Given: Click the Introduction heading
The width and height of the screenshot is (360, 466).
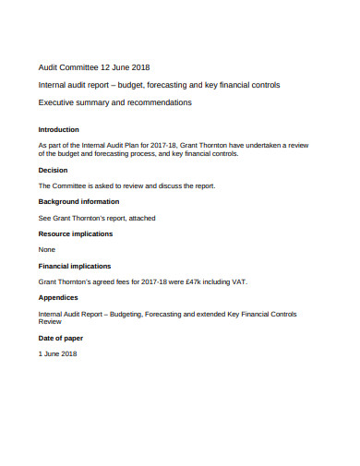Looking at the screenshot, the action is [58, 129].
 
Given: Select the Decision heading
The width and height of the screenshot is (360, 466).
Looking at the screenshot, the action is [53, 170].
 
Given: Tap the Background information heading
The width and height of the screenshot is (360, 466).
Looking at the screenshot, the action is [78, 201].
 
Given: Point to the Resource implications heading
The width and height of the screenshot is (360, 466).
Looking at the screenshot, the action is [77, 233].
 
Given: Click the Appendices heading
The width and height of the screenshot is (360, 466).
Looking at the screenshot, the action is [57, 298].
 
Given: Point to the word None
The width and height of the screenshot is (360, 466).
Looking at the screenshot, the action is [46, 249].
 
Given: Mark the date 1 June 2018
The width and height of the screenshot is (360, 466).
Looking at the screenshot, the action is [58, 354].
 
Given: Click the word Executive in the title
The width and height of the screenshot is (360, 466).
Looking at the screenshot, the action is [59, 102].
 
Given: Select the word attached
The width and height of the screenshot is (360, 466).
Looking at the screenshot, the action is [141, 218].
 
